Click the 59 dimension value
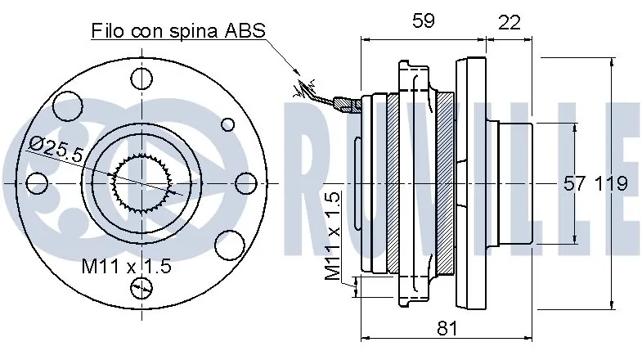coord(423,20)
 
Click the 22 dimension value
coord(509,22)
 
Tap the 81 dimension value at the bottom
coord(447,328)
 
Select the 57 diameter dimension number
coord(575,183)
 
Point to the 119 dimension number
coord(611,183)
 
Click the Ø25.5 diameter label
coord(56,148)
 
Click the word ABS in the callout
coord(245,31)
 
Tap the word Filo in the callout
coord(107,31)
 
